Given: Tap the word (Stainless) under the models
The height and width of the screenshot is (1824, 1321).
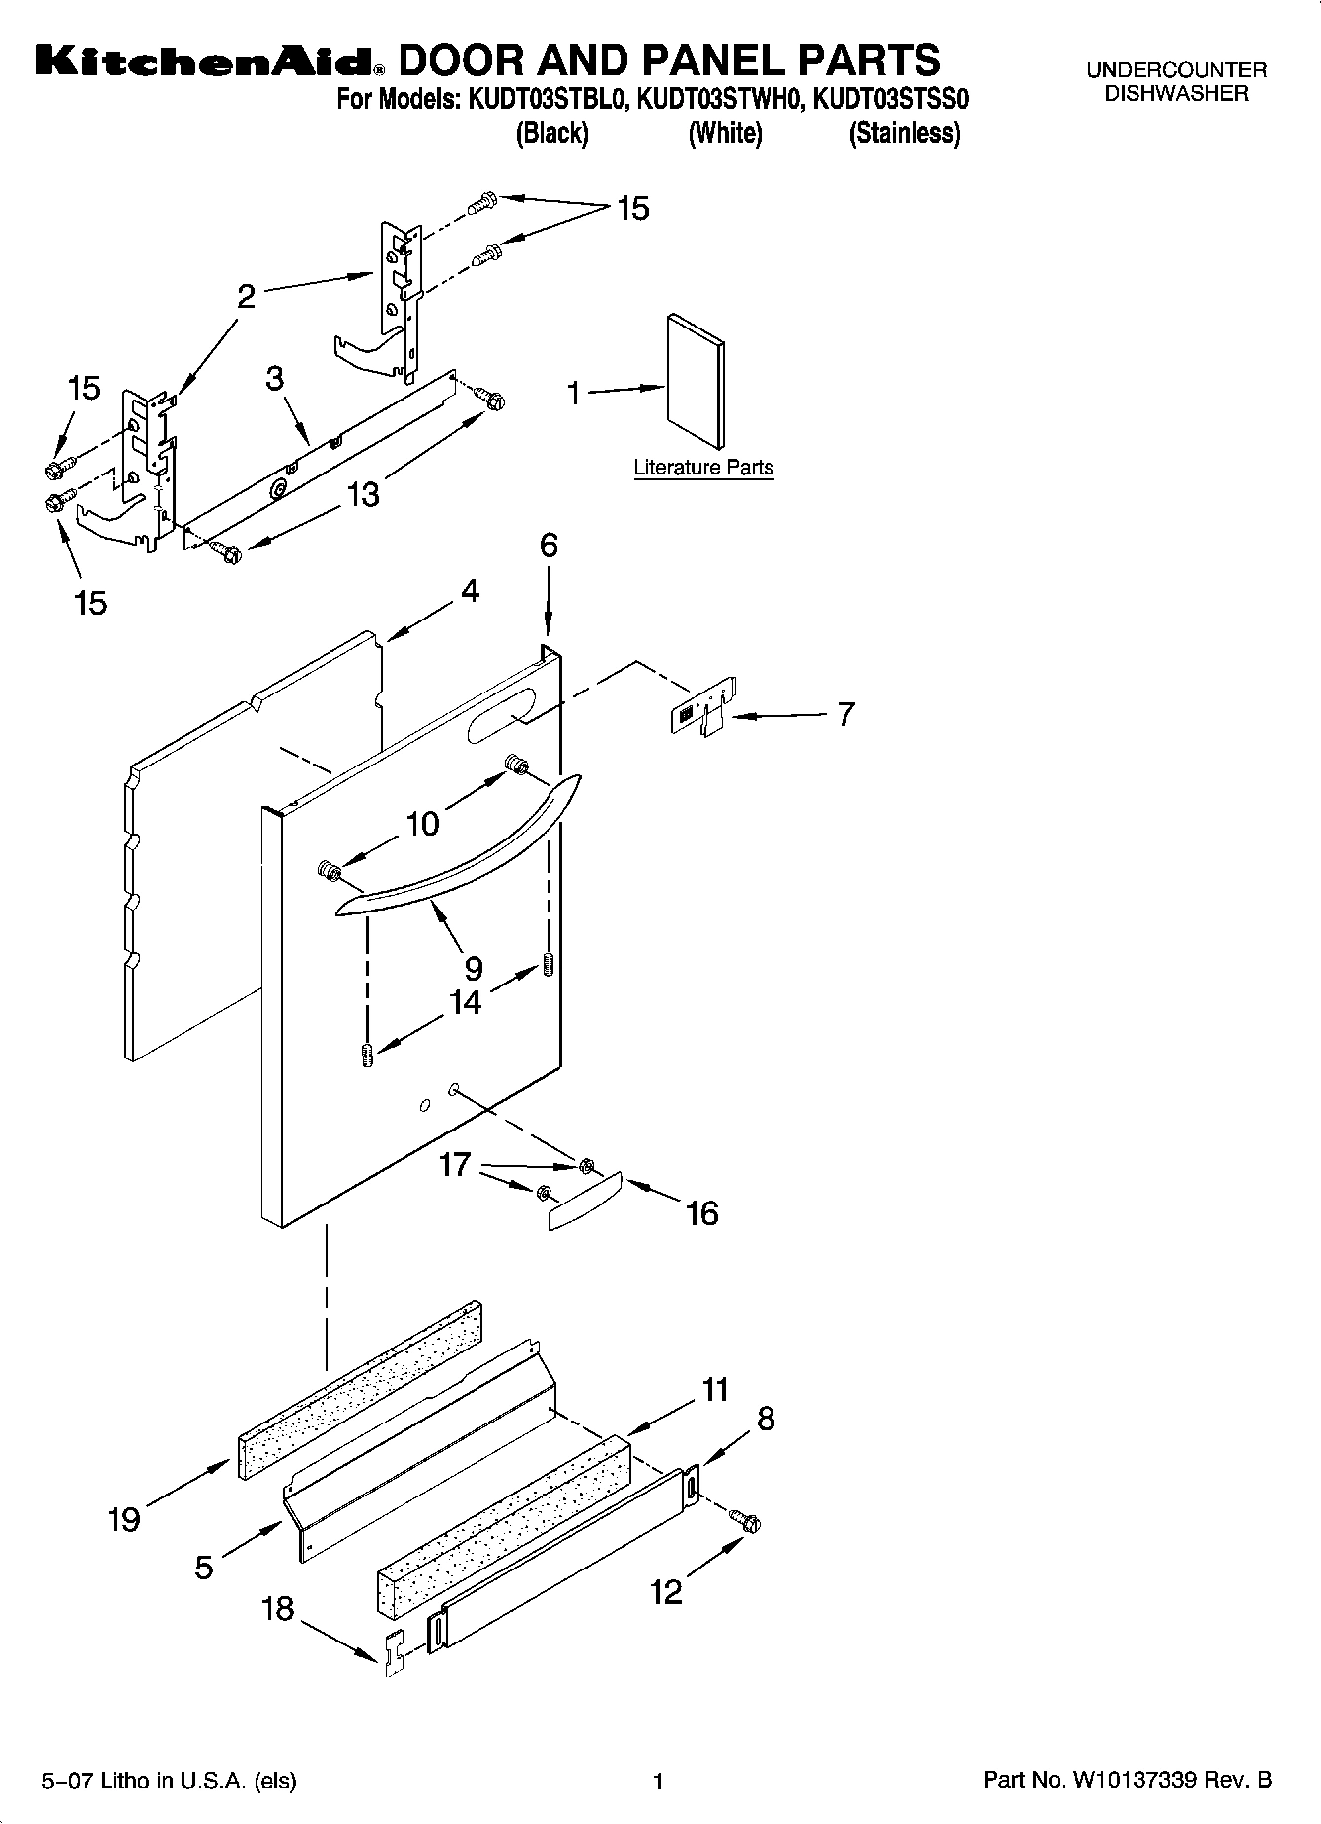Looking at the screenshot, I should click(904, 133).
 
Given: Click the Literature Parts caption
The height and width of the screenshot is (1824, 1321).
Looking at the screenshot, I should click(703, 468).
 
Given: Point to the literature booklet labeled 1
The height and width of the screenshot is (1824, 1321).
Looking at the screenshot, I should click(697, 380).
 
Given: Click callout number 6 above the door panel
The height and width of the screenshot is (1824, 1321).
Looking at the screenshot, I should click(549, 546).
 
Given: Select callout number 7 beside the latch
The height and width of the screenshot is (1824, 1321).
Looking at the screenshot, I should click(845, 714).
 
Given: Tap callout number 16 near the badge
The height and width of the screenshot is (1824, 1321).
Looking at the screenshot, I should click(701, 1212).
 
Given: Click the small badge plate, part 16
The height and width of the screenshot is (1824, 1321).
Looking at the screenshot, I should click(584, 1200).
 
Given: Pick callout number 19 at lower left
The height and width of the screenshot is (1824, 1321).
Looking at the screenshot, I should click(123, 1520).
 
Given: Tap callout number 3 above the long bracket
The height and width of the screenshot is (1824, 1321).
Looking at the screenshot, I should click(275, 378).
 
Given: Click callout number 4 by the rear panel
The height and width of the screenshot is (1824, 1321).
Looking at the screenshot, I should click(470, 591).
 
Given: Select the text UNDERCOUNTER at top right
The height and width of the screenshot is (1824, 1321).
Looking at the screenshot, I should click(1176, 70).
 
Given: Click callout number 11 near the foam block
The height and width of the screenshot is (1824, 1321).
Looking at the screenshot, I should click(715, 1390).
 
